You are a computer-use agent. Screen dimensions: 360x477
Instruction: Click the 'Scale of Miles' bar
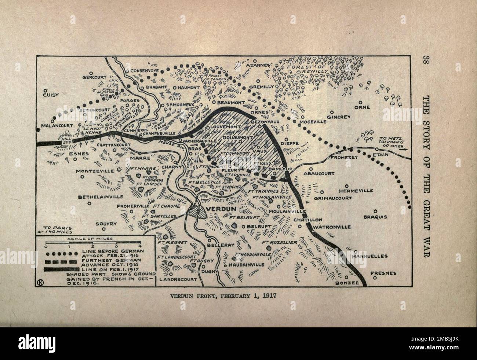click(x=93, y=243)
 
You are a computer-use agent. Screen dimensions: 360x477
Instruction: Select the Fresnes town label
click(x=383, y=273)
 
